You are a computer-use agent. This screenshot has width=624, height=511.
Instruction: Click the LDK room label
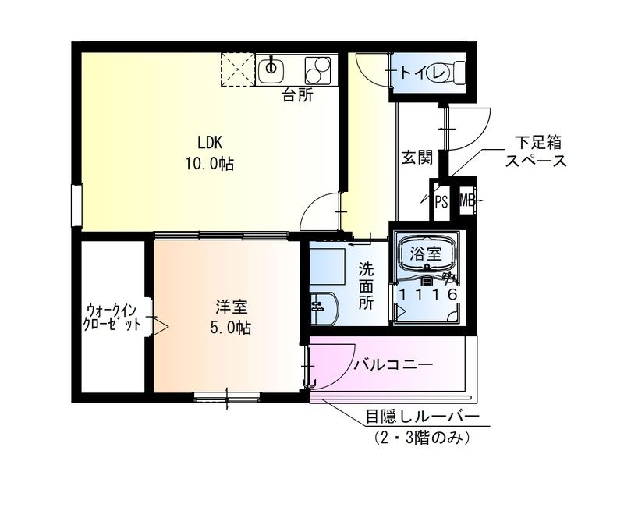coord(210,143)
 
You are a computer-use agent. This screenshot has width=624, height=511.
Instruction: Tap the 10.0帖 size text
coord(210,164)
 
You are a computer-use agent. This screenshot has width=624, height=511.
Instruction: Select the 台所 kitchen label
coord(297,96)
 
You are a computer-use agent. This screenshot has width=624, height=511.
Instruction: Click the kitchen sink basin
coord(271,68)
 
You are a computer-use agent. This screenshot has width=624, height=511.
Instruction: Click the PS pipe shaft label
coord(441,202)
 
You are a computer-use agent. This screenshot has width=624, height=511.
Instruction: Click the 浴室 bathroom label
coord(427,254)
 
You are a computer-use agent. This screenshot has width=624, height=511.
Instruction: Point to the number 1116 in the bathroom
coord(427,294)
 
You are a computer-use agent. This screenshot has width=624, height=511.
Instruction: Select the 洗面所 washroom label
coord(366,286)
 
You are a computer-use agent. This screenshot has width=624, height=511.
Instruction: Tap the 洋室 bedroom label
coord(230,307)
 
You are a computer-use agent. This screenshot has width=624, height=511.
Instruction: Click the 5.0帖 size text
coord(230,328)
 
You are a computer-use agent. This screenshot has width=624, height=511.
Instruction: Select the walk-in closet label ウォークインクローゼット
coord(114,318)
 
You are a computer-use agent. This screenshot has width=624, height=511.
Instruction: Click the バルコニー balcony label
coord(393,364)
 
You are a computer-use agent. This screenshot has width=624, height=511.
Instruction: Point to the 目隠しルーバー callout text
coord(423,417)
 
